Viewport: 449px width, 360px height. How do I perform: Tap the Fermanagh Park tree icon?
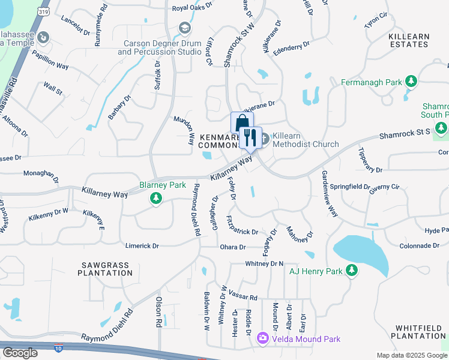411,81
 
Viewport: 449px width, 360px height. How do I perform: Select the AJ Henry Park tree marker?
352,271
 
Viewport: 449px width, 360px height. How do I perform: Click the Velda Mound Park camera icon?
262,339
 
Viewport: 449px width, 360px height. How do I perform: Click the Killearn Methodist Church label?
306,140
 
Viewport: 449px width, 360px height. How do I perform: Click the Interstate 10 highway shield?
58,347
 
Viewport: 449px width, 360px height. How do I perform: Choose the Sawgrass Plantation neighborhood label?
105,269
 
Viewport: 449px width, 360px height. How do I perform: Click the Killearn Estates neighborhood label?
409,41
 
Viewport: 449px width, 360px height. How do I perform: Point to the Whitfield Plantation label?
420,332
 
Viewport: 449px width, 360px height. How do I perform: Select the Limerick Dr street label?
142,246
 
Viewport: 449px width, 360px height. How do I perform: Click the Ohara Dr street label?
234,247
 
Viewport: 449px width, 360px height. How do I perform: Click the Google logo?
20,353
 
